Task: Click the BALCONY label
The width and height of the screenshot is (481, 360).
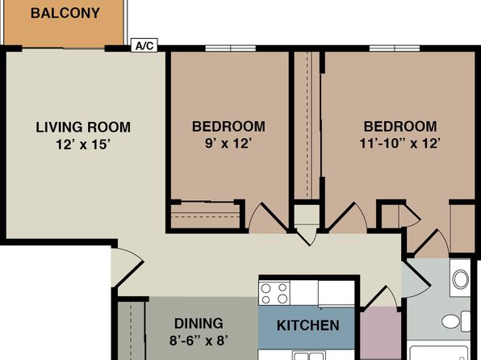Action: tap(65, 13)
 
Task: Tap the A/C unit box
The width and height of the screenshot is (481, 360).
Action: tap(144, 45)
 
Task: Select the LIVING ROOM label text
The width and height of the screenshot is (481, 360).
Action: tap(83, 128)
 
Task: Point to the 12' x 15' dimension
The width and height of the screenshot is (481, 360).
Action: tap(83, 144)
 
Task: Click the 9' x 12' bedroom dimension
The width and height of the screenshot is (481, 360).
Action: tap(228, 143)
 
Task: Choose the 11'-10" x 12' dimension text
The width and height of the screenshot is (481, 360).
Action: tap(400, 143)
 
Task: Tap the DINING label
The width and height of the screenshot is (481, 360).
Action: tap(199, 324)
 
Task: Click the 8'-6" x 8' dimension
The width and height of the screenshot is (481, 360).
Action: tap(199, 341)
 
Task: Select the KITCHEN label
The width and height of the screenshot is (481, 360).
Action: tap(308, 325)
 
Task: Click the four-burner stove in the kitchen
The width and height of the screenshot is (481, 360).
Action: tap(274, 293)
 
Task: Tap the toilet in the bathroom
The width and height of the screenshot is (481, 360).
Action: tap(456, 321)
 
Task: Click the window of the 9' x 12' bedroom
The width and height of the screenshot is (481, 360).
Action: tap(230, 48)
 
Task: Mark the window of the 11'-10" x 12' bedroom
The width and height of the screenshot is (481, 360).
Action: tap(395, 48)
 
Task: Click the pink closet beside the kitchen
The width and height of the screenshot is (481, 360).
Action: tap(380, 333)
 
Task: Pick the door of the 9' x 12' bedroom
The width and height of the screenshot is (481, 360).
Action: tap(267, 218)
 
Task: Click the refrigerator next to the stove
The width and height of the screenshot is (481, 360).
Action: tap(337, 293)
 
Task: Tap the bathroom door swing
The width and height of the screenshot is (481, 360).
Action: tap(416, 279)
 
